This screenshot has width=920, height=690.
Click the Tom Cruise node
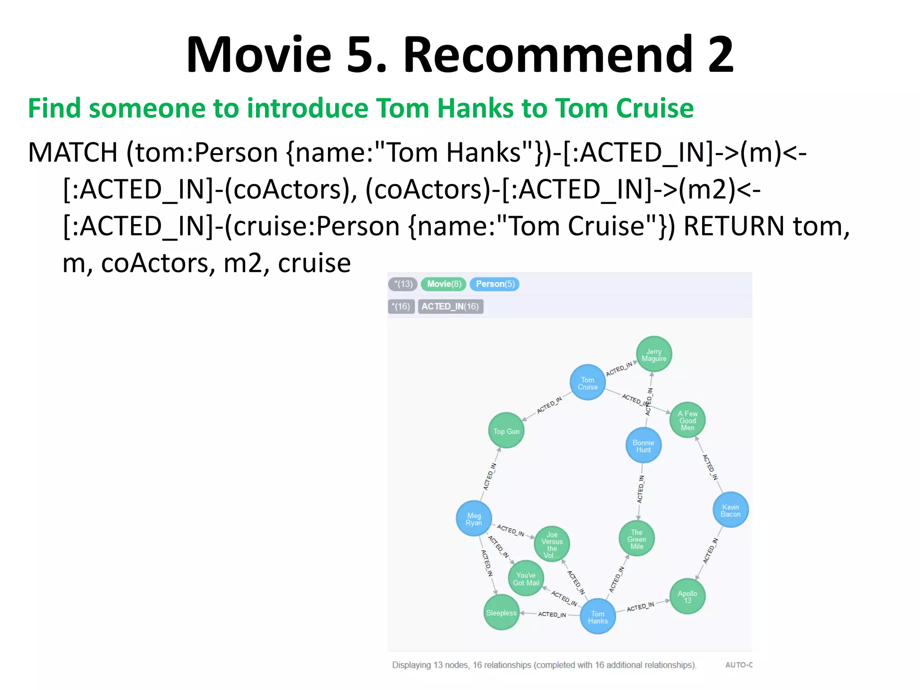coord(588,383)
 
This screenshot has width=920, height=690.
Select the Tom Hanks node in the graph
coord(597,617)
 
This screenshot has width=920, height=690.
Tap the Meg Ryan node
coord(473,519)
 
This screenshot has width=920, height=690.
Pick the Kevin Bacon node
coord(730,510)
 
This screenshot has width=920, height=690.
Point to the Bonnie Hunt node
coord(643,446)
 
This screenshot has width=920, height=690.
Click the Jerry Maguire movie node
coord(654,354)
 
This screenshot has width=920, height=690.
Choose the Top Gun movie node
coord(506,431)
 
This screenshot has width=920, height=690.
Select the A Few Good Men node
coord(687,420)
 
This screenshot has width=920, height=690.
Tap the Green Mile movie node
coord(637,539)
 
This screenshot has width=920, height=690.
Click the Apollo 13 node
coord(687,596)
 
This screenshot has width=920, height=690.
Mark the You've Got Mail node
coord(526,578)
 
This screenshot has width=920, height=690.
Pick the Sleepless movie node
coord(501,612)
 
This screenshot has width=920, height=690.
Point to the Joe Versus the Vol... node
coord(552,544)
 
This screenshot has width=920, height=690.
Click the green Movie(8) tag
coord(444,284)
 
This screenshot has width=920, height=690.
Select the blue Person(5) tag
coord(495,284)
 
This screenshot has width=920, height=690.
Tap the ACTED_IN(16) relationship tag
coord(450,306)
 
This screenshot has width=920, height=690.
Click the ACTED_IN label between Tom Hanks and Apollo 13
coord(641,606)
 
